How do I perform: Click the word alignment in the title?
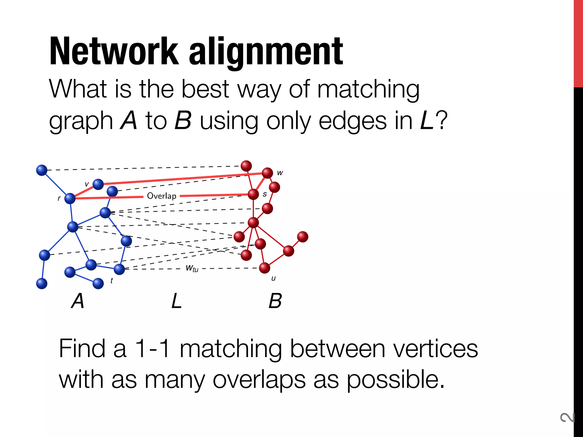click(x=266, y=53)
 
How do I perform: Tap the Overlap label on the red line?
click(x=161, y=196)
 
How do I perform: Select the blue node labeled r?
click(x=70, y=198)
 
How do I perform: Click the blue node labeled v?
click(x=98, y=184)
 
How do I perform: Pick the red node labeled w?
click(x=267, y=173)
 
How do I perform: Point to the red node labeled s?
click(x=253, y=194)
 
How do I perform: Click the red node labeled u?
click(x=264, y=268)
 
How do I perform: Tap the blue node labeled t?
click(x=119, y=269)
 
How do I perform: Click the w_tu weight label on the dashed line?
click(x=192, y=268)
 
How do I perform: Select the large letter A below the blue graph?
click(x=77, y=301)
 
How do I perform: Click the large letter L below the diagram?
click(x=176, y=301)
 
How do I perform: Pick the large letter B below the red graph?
click(x=275, y=301)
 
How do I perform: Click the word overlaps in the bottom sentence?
click(x=259, y=380)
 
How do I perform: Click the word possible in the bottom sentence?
click(x=395, y=380)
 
